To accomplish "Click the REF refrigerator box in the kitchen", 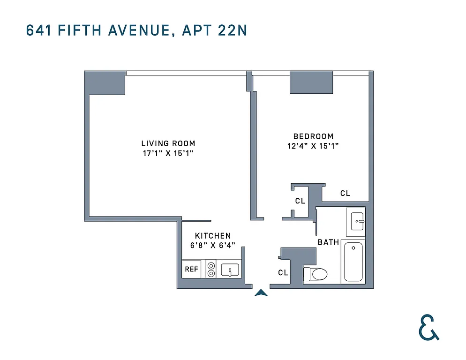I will point(191,270).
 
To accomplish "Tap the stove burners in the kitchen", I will point(211,270).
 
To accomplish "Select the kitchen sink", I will point(230,270).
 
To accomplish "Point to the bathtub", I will point(353,261).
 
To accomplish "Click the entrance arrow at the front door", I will point(261,293).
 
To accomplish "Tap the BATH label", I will point(328,242).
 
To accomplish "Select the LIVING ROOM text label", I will point(168,143).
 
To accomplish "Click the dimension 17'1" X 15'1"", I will point(168,153).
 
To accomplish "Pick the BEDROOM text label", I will point(313,136).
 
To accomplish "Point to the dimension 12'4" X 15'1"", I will point(313,146).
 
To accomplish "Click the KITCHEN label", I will point(213,236).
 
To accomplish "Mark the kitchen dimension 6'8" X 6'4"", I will point(213,245).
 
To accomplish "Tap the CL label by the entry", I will point(283,272).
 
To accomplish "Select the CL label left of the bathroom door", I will point(300,201).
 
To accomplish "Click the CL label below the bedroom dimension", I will point(345,193).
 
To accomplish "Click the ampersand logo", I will point(428,327).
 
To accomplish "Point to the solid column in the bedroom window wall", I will point(311,82).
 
